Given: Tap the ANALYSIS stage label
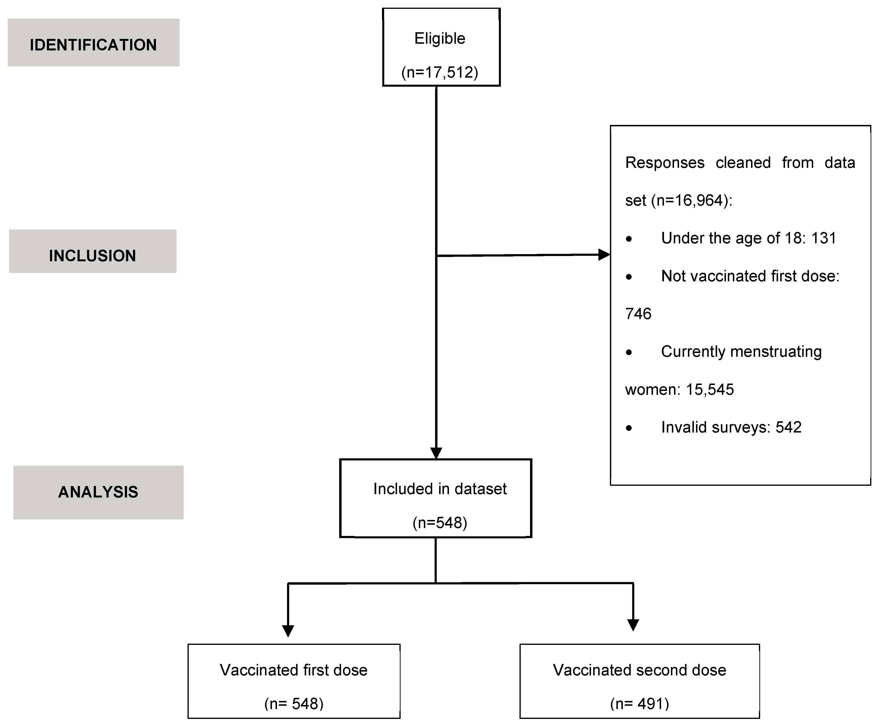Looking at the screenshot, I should pyautogui.click(x=98, y=492).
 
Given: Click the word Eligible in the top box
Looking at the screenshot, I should pyautogui.click(x=440, y=38).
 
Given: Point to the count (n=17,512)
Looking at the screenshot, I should pyautogui.click(x=440, y=72).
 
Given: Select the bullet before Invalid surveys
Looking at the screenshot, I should pyautogui.click(x=629, y=428).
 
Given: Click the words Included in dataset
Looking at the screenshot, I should pyautogui.click(x=440, y=488).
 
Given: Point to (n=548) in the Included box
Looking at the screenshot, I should pyautogui.click(x=440, y=523).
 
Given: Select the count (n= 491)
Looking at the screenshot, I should pyautogui.click(x=639, y=704).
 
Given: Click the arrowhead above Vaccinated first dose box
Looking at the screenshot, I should pyautogui.click(x=288, y=631).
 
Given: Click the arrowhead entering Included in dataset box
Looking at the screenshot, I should pyautogui.click(x=436, y=453).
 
